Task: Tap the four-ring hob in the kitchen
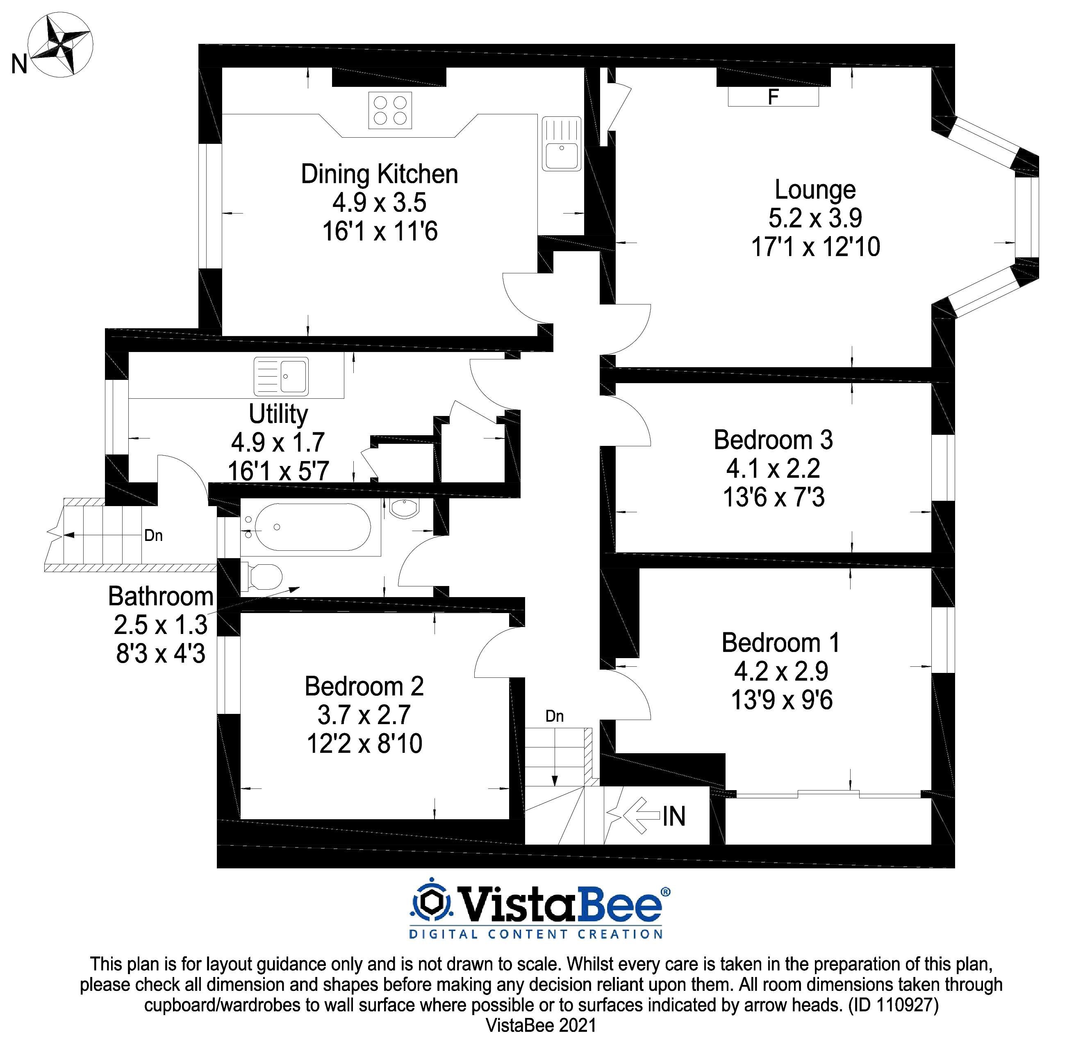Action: tap(391, 111)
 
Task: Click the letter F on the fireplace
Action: tap(773, 97)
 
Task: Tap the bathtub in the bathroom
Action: tap(311, 527)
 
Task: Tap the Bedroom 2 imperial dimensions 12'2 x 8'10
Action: tap(365, 743)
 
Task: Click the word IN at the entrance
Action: tap(674, 816)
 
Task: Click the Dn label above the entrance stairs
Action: tap(554, 716)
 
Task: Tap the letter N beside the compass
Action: tap(19, 65)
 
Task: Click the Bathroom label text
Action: tap(161, 597)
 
